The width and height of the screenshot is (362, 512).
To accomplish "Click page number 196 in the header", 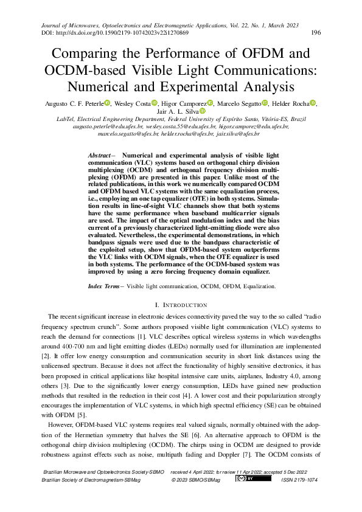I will pyautogui.click(x=316, y=33).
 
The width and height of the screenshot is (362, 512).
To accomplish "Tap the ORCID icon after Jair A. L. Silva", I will pyautogui.click(x=203, y=112).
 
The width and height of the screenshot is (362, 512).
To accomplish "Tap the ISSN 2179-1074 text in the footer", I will pyautogui.click(x=299, y=480).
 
